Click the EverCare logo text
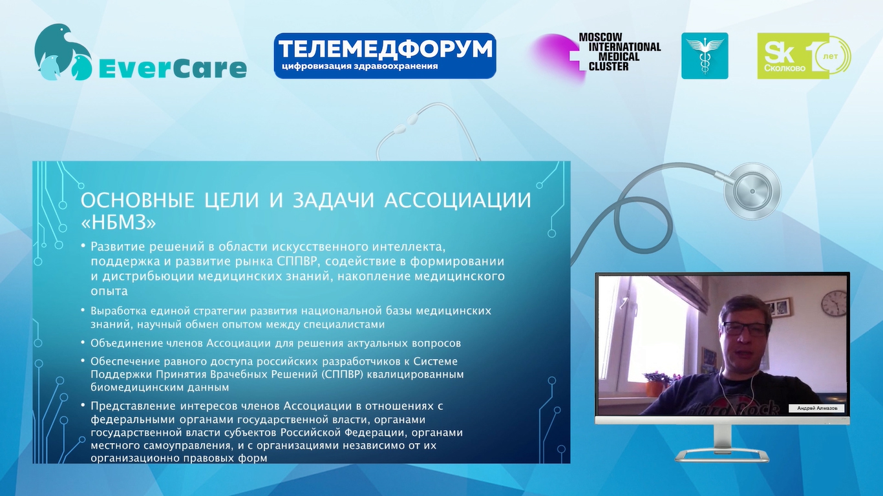click(173, 68)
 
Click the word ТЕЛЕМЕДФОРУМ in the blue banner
click(385, 49)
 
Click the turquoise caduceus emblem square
click(705, 56)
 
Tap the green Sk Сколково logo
click(804, 56)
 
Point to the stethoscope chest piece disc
click(752, 191)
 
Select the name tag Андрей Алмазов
click(817, 408)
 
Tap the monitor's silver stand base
click(722, 455)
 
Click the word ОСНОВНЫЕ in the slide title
click(138, 200)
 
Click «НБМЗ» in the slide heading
click(118, 223)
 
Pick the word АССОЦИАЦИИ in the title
click(458, 200)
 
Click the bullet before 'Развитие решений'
click(83, 246)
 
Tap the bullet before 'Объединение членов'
click(83, 342)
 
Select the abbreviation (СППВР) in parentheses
click(342, 375)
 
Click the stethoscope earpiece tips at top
click(406, 123)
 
